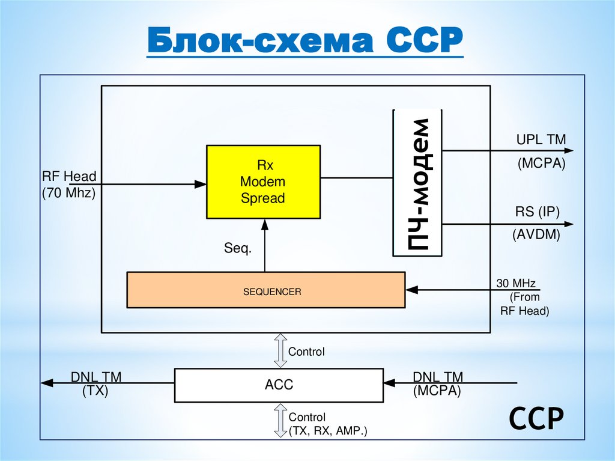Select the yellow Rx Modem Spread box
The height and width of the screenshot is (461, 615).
pos(262,182)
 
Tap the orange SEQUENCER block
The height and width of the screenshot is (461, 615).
pos(266,290)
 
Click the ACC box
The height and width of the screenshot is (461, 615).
pos(279,385)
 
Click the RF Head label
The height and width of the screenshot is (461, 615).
pos(69,177)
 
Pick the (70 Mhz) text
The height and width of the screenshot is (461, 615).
pos(68,194)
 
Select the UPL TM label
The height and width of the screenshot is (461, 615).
pos(541,140)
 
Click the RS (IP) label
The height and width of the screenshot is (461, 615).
pos(537,212)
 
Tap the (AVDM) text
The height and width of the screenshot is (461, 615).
pos(536,236)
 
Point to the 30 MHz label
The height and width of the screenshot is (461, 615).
pos(516,283)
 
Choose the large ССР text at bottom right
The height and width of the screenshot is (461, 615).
pos(536,419)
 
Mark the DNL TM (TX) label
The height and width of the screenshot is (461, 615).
pos(96,383)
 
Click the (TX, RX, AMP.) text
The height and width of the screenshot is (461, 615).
pos(327,431)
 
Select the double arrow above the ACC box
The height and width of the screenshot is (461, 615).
pos(280,352)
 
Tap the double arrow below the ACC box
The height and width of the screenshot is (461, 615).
pos(280,420)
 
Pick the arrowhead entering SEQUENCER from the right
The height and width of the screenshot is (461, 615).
pos(411,290)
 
